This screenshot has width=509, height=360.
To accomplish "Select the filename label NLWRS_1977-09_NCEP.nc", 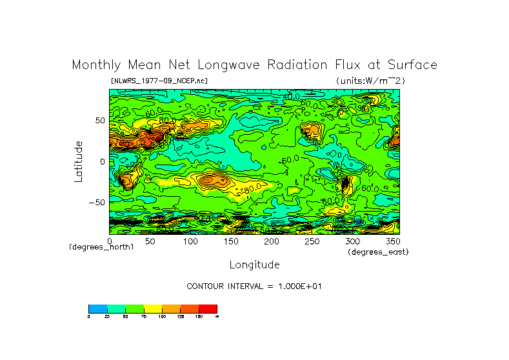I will (x=159, y=81).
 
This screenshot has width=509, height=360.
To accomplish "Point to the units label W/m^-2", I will (x=370, y=81).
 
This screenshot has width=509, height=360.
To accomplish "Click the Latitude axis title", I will (x=79, y=161).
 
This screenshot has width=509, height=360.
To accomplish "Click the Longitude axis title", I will (x=254, y=265).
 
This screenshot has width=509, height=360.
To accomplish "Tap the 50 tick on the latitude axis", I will (x=99, y=121).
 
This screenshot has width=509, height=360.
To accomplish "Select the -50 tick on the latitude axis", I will (x=97, y=202).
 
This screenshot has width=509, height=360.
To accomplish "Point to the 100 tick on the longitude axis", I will (x=190, y=241).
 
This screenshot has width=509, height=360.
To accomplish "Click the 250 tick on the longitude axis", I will (x=312, y=241).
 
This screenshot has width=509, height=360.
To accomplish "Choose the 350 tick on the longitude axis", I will (x=392, y=241).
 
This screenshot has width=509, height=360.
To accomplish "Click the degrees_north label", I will (x=101, y=248).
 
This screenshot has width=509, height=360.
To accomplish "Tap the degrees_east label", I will (x=378, y=252).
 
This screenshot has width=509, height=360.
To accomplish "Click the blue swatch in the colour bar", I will (x=97, y=308).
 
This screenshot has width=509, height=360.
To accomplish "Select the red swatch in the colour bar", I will (x=208, y=308).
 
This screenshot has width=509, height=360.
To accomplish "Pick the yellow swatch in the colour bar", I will (x=152, y=308).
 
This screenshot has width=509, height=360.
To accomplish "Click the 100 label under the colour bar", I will (x=162, y=316).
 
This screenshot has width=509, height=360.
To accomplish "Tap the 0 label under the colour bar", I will (x=88, y=316).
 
